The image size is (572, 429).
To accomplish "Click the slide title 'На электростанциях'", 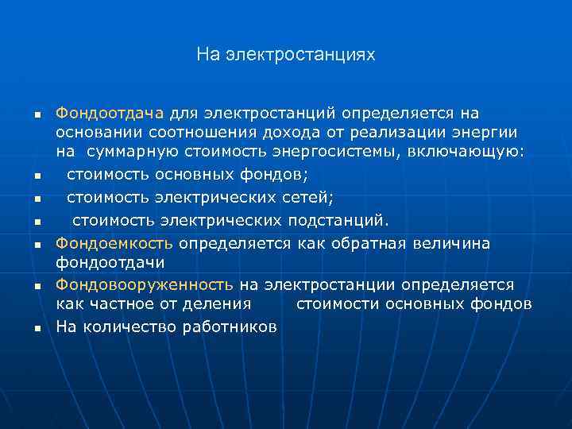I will tap(285, 55).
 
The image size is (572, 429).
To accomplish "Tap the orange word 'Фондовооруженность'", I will tap(144, 284).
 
